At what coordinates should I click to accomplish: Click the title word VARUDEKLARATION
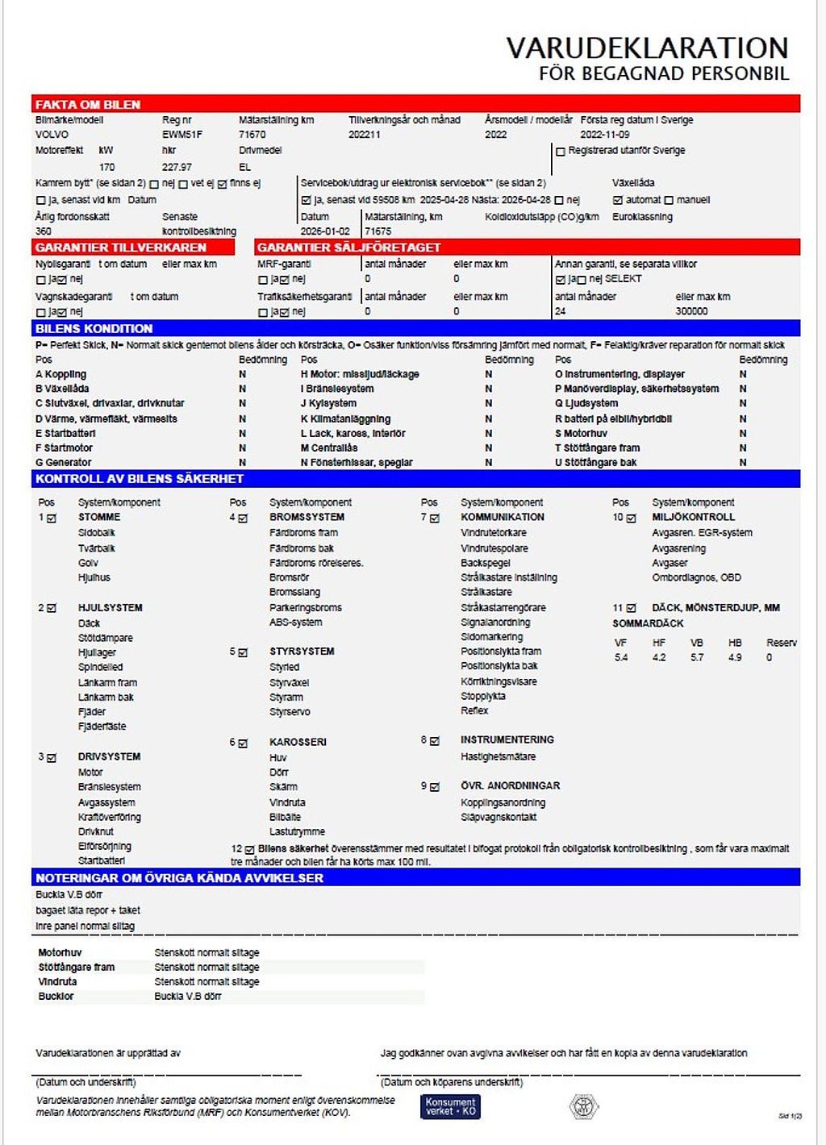(x=647, y=48)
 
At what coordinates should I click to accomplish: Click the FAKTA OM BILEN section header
(x=87, y=105)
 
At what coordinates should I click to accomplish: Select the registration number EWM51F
(x=182, y=135)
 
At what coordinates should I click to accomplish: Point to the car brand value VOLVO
(x=52, y=135)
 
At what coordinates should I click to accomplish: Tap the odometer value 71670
(x=252, y=135)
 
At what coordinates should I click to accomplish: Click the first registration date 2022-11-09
(x=605, y=135)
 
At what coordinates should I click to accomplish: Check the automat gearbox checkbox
(x=618, y=200)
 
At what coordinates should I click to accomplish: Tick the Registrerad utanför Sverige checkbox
(x=561, y=152)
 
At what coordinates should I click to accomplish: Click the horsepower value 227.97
(x=177, y=167)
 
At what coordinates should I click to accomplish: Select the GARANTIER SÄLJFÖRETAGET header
(x=349, y=248)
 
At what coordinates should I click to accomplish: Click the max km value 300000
(x=691, y=311)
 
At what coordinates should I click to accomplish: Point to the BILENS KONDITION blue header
(x=94, y=329)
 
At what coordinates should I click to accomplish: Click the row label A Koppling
(x=60, y=374)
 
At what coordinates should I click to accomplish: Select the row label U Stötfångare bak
(x=595, y=463)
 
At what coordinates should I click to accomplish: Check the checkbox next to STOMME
(x=52, y=518)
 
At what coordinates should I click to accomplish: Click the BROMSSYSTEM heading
(x=307, y=517)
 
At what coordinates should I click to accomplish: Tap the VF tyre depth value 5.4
(x=621, y=658)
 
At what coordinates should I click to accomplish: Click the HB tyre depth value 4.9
(x=735, y=658)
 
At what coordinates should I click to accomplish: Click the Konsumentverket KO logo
(x=450, y=1106)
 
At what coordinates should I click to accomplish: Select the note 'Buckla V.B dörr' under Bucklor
(x=188, y=997)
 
